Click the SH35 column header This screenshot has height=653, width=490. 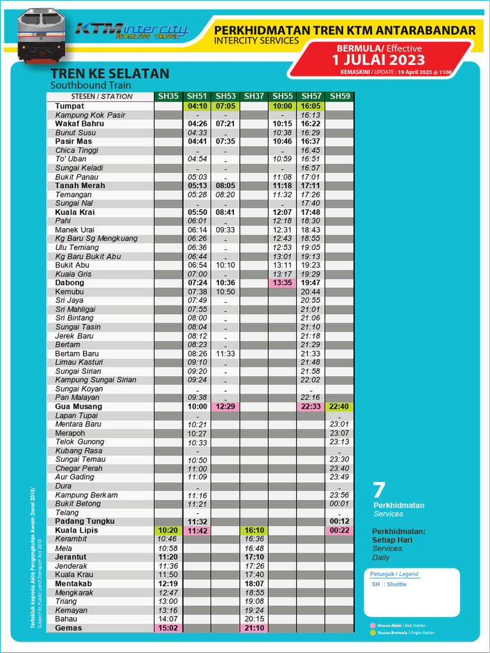168,96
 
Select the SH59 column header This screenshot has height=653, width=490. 339,96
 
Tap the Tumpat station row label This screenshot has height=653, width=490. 70,106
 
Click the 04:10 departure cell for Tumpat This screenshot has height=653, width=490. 198,106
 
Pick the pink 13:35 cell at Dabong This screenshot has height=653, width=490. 283,282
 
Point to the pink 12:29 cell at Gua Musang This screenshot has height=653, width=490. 226,406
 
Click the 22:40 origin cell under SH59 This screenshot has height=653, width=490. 339,406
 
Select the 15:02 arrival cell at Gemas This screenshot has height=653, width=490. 168,628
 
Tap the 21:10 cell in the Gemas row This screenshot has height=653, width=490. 254,628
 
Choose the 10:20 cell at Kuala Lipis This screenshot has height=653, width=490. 168,530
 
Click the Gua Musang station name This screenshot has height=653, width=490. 78,406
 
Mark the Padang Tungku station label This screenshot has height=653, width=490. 85,521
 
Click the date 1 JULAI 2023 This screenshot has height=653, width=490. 378,60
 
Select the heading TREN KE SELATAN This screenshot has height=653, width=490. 110,74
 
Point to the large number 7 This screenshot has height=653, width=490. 379,490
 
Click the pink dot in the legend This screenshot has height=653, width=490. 373,626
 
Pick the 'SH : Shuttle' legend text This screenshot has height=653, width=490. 389,584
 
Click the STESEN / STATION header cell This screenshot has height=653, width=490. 100,96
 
